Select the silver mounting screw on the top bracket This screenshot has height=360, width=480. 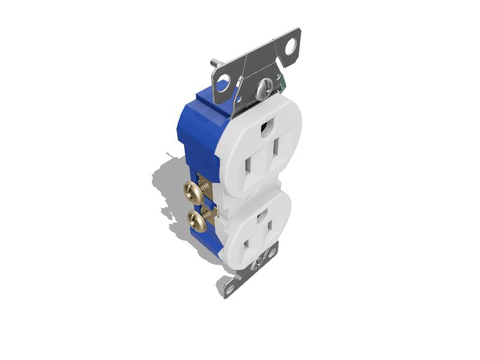(x=262, y=91)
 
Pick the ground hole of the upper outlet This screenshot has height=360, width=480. (x=265, y=127)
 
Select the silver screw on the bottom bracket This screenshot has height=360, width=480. (x=259, y=262)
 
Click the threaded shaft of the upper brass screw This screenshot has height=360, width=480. (x=206, y=187)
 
